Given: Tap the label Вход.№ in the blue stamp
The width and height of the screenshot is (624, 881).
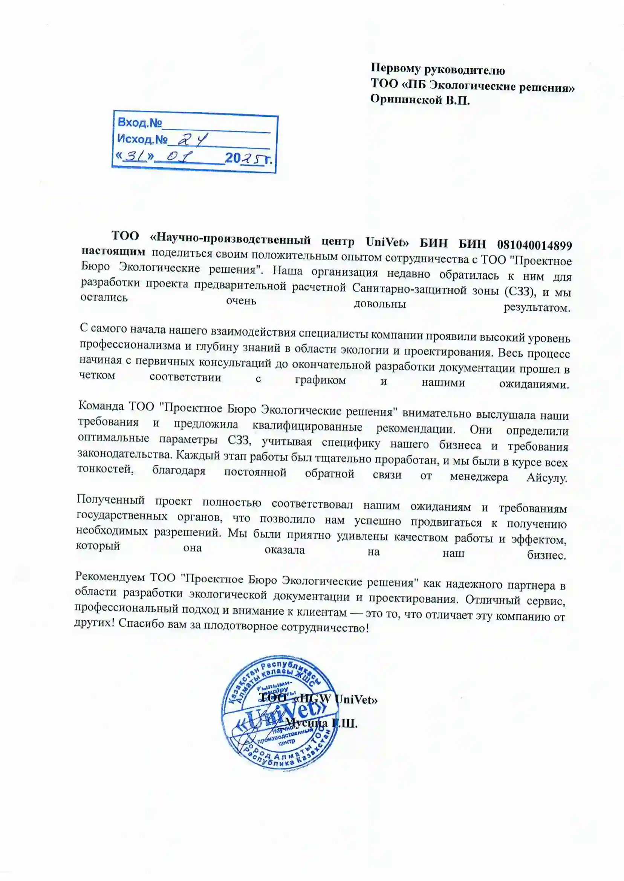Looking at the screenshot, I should (x=139, y=122).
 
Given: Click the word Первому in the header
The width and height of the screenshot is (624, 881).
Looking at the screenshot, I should (x=395, y=68).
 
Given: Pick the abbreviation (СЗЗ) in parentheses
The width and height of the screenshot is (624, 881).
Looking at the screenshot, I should (x=520, y=291).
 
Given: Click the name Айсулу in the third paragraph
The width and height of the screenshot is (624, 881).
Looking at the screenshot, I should (x=546, y=478).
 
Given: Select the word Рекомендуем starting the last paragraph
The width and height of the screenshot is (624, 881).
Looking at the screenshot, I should (x=110, y=576).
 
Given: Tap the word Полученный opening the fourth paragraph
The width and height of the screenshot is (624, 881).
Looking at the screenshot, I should (x=111, y=500).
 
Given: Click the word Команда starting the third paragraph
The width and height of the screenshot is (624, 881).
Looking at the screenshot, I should (x=101, y=406).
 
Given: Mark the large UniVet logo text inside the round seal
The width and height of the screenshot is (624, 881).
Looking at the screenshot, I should (x=280, y=719).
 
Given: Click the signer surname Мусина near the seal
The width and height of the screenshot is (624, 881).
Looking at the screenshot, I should (x=306, y=723).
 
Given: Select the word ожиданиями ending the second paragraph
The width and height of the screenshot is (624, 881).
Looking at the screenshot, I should (x=534, y=385).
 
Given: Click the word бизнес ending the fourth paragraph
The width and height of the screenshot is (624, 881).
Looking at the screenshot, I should (x=546, y=555).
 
